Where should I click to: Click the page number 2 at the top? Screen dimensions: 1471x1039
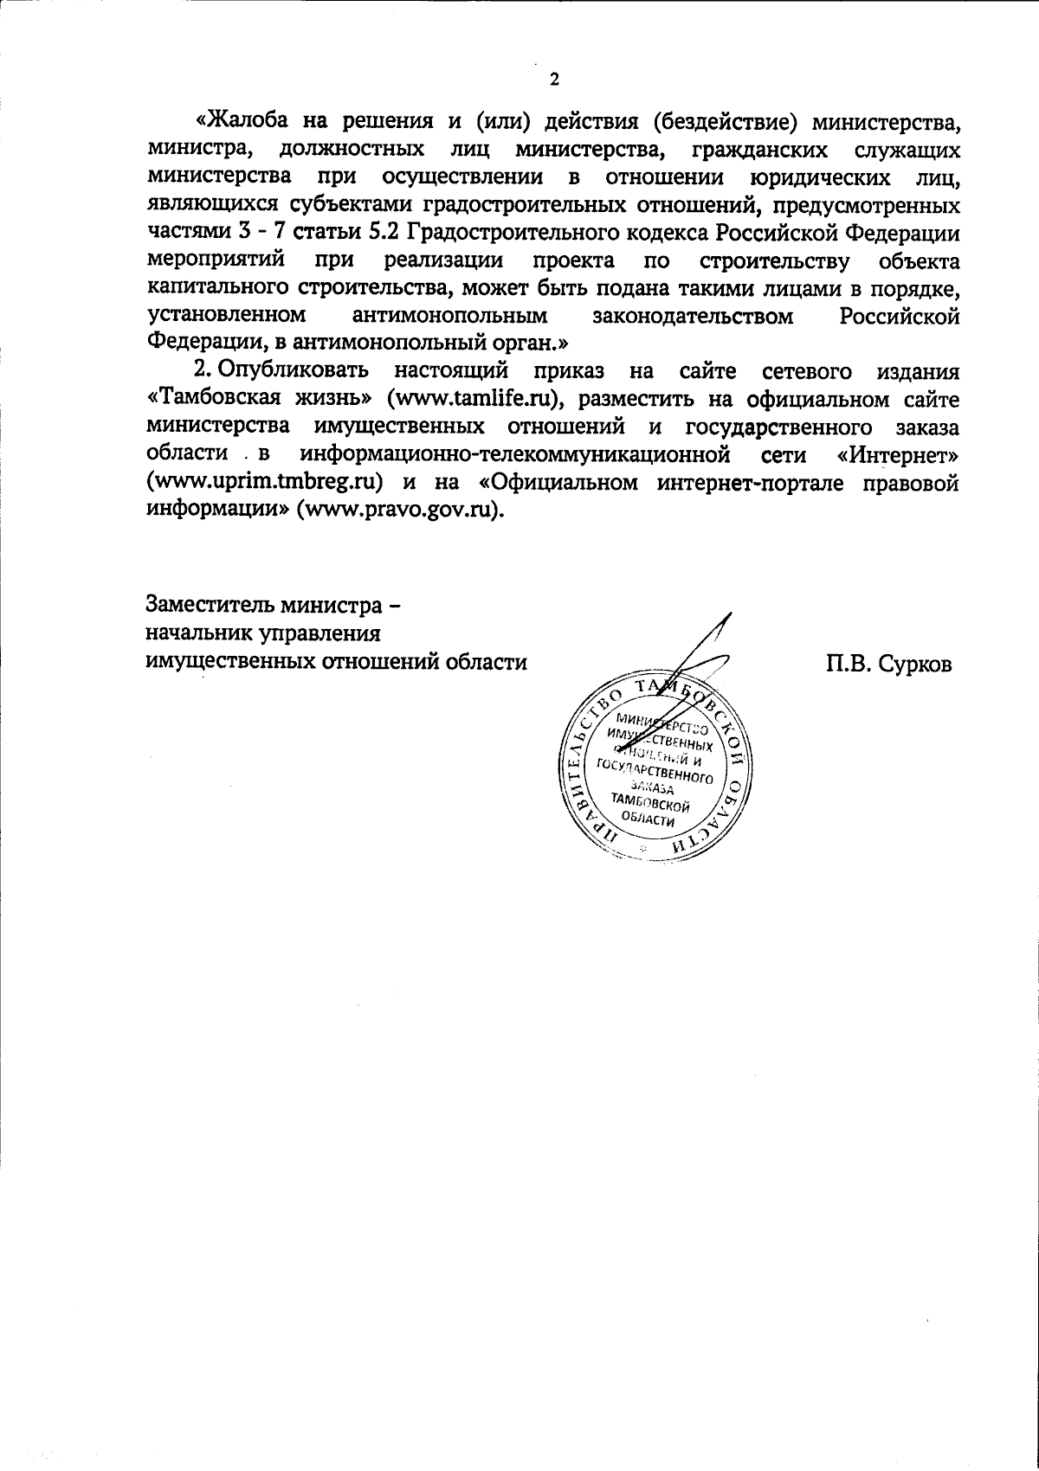[554, 80]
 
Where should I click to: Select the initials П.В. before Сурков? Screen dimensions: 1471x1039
[850, 664]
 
